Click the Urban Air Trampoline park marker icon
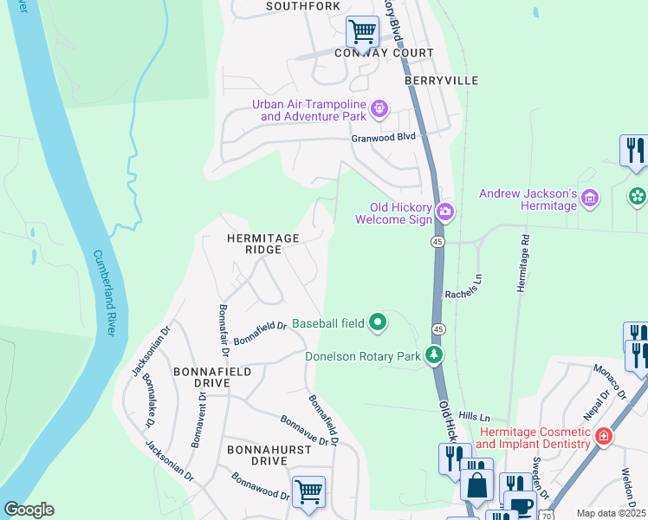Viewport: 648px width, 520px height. [379, 109]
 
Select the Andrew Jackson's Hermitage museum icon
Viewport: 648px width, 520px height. [589, 198]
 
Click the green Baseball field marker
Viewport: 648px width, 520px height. [378, 323]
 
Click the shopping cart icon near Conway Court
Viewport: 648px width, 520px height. [362, 32]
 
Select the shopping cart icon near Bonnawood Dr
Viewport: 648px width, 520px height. [308, 491]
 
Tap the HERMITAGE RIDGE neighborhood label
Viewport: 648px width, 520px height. [262, 244]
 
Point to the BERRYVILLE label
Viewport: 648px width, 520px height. [441, 80]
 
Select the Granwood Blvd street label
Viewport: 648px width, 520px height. [383, 138]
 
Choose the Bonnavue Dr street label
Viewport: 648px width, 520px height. [304, 429]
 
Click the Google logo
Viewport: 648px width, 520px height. [28, 509]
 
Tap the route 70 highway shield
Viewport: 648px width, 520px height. [545, 516]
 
